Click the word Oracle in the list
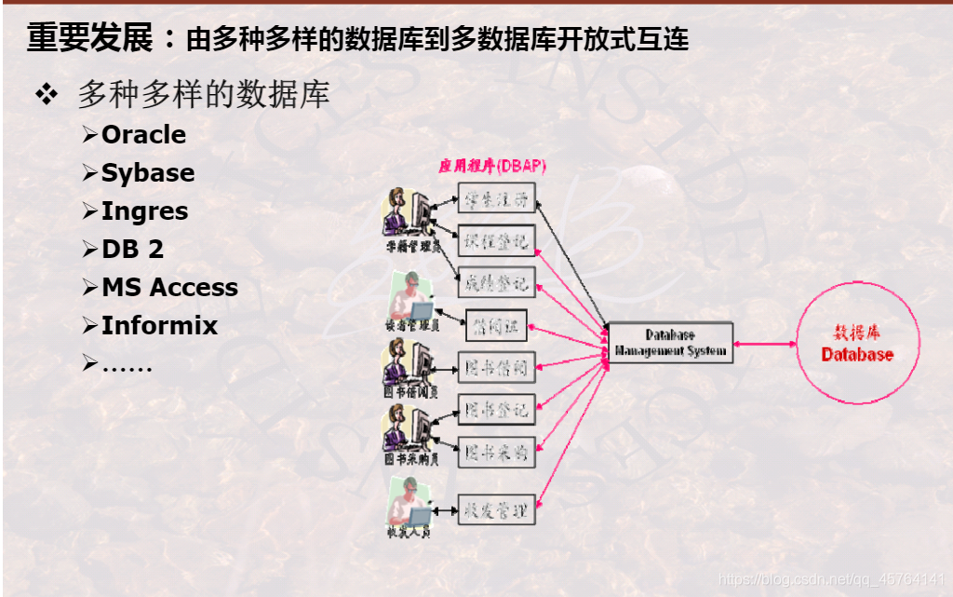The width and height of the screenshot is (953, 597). click(x=143, y=135)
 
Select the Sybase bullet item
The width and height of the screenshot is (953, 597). click(x=148, y=173)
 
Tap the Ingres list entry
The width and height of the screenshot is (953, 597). click(x=144, y=211)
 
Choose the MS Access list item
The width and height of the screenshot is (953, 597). click(x=169, y=288)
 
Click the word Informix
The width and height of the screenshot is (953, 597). click(x=159, y=326)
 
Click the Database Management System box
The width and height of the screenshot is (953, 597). click(x=670, y=343)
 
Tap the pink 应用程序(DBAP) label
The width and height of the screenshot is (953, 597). click(x=492, y=167)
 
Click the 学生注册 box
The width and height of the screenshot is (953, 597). click(x=497, y=198)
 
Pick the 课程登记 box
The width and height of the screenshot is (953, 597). click(x=497, y=240)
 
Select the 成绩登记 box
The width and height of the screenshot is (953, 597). click(x=497, y=281)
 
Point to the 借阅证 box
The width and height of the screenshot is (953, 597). click(x=496, y=325)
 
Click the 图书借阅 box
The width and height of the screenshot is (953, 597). click(x=497, y=367)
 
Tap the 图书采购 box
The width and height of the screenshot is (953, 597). click(x=497, y=452)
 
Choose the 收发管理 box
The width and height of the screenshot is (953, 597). click(x=497, y=509)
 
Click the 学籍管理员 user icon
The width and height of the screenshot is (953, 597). click(x=408, y=215)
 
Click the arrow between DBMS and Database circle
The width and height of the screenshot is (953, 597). click(x=764, y=343)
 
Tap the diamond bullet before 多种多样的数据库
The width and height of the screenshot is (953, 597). click(x=47, y=95)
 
